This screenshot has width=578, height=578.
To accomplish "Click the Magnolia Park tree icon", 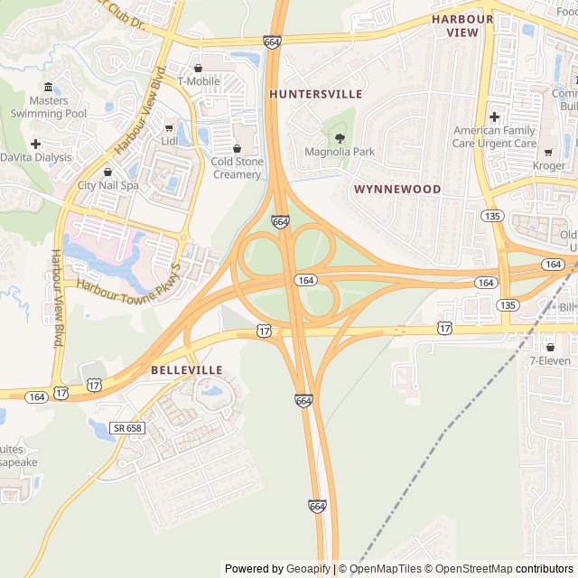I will [x=340, y=138].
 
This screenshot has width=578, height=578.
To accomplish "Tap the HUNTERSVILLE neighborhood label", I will [x=315, y=94].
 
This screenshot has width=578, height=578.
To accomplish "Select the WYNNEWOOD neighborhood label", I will [x=397, y=190].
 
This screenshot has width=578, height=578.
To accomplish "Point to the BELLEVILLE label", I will [x=186, y=370].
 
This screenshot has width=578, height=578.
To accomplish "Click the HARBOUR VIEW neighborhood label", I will [x=462, y=25].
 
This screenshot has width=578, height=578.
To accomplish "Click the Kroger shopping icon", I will [x=549, y=153].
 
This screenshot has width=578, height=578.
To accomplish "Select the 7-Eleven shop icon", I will [x=550, y=347].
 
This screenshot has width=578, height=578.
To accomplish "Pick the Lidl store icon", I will [x=169, y=127].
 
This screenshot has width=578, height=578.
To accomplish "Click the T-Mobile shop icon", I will [x=198, y=68].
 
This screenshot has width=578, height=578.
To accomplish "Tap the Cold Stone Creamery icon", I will [x=238, y=148].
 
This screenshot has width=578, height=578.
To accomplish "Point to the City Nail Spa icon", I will [x=108, y=172].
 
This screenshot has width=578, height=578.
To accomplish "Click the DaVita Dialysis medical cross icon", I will [x=35, y=144].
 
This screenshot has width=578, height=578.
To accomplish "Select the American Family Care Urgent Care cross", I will [x=494, y=117].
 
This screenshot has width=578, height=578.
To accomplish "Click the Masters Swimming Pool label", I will [x=49, y=107].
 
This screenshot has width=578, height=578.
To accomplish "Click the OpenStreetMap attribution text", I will [x=469, y=569].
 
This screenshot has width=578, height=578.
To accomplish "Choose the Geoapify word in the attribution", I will [x=308, y=569].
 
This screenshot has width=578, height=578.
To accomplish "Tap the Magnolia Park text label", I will [x=340, y=152].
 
